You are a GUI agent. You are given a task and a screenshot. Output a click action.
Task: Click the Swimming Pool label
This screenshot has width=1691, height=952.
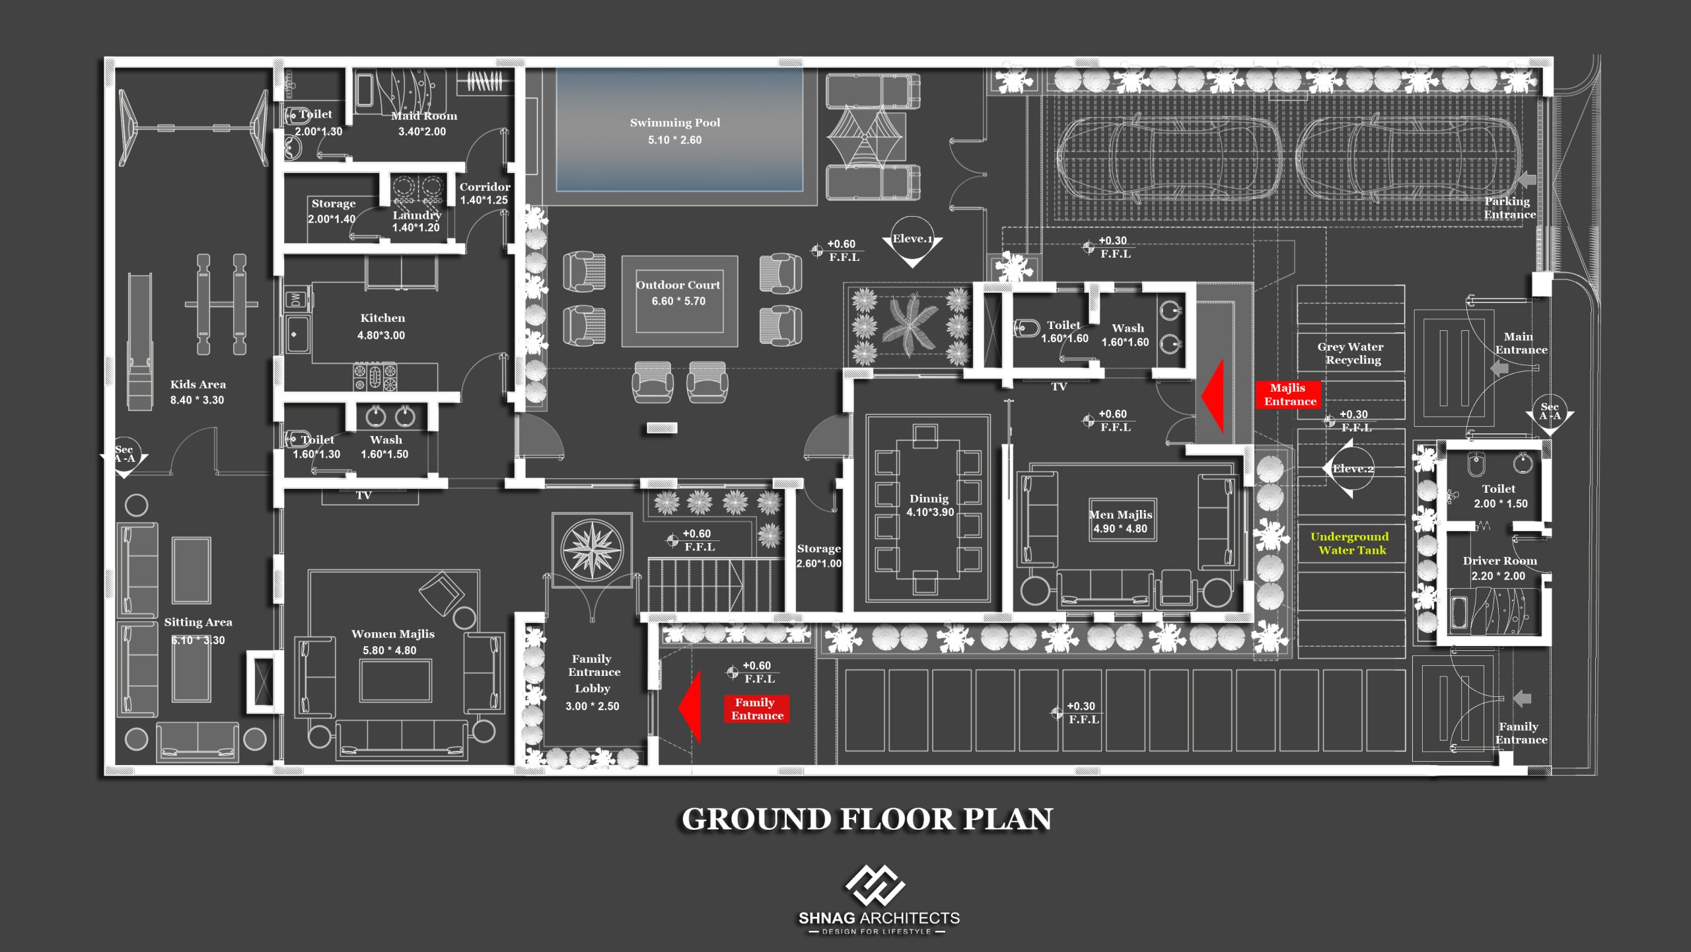pos(675,123)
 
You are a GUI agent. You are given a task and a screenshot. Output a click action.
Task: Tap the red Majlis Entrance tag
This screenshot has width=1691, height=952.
pos(1289,394)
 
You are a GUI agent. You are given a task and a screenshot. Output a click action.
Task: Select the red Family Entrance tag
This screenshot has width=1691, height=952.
pos(756,709)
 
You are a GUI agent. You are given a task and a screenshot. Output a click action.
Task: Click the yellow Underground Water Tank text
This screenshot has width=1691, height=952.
pos(1350,543)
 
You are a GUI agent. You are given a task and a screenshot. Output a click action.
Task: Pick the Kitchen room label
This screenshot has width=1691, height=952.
pos(382,318)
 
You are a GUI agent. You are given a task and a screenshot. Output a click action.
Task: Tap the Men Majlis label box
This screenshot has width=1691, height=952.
pos(1122,521)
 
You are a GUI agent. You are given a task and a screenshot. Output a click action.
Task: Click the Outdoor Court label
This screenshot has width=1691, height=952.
pos(678,285)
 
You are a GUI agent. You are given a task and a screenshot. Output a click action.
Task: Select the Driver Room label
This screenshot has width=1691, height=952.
pos(1499,561)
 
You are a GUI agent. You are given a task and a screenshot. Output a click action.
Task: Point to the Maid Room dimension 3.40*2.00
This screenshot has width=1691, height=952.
pos(422,131)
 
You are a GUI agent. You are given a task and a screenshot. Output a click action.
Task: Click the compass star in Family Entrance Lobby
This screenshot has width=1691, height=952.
pos(592,548)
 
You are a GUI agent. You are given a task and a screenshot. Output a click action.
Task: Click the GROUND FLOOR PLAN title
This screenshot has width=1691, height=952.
pos(867,819)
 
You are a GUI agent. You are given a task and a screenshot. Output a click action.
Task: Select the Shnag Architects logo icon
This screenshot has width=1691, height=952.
pos(875,885)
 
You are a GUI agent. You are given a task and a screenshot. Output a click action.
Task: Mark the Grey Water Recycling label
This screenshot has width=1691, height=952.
pos(1351,353)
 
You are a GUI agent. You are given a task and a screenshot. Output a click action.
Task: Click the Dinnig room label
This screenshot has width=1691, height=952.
pos(929,499)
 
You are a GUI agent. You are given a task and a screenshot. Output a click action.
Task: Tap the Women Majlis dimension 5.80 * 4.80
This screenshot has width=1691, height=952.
pos(390,651)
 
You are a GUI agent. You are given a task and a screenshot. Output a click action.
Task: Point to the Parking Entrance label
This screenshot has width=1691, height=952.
pos(1509,208)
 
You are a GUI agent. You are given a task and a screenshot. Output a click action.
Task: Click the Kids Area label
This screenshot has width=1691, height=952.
pos(198,384)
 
